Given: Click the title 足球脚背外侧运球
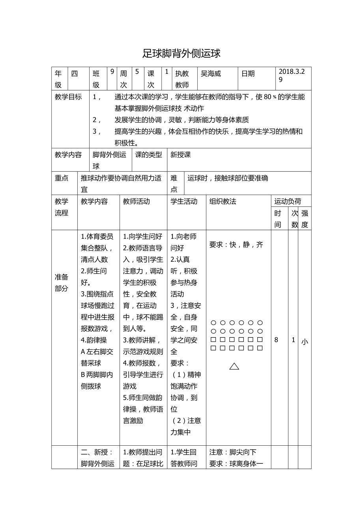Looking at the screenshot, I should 181,54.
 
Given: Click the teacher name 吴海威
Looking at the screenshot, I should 211,73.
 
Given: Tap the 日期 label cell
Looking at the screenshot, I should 248,73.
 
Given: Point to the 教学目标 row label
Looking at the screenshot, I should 68,97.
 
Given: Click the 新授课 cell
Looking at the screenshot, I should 180,155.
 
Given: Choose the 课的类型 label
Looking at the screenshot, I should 149,155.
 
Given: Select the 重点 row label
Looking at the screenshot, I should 61,178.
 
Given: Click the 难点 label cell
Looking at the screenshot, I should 174,184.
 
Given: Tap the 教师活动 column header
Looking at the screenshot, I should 136,201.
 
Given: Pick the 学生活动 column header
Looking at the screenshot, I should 183,201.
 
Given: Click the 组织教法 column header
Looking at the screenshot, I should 223,201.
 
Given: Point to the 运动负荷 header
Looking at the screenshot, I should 288,201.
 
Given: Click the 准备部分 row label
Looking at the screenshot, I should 61,283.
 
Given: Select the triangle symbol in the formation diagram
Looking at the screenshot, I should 234,366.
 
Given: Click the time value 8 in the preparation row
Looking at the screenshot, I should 276,340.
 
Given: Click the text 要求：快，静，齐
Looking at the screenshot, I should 236,245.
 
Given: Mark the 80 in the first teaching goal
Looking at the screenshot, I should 268,97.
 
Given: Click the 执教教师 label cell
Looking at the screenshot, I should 182,79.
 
